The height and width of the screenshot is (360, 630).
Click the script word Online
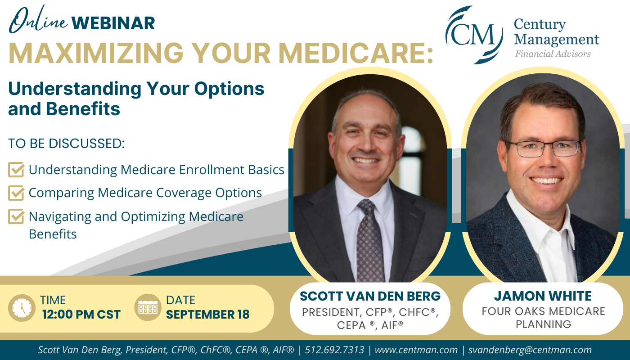[38, 20]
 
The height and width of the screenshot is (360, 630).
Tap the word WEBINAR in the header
[113, 23]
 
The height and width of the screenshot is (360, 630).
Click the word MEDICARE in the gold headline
[355, 53]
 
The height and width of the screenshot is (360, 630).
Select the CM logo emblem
[474, 35]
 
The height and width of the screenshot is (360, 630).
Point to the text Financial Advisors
[553, 54]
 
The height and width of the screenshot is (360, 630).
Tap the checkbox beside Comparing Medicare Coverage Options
[16, 193]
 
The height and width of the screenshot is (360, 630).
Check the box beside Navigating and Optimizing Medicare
[16, 216]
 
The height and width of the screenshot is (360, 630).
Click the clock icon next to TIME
[22, 308]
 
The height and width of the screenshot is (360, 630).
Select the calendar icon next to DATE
[148, 307]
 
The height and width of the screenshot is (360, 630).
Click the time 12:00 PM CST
[81, 315]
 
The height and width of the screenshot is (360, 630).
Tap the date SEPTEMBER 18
[207, 315]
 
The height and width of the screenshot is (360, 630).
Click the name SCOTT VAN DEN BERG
[370, 296]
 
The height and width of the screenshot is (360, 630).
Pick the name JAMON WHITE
[543, 296]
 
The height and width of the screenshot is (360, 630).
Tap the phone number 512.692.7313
[334, 350]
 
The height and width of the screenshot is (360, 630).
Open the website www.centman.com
[416, 350]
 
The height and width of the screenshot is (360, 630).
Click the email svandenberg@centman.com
[530, 350]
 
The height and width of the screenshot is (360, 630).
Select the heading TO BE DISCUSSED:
[67, 144]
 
